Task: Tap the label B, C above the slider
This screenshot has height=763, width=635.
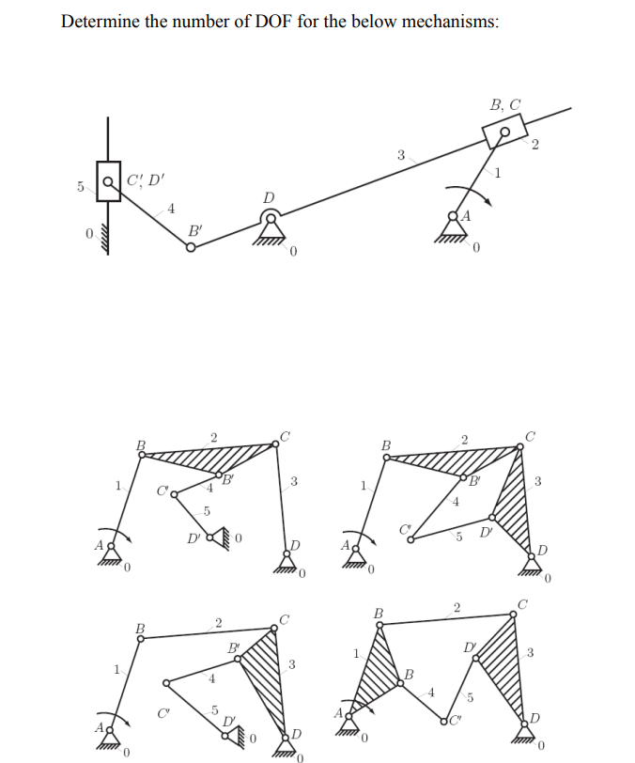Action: (x=505, y=105)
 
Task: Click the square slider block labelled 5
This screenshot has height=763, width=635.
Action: (x=109, y=182)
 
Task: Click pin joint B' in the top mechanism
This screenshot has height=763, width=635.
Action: (x=191, y=247)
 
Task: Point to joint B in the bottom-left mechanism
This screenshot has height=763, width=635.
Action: (x=141, y=638)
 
